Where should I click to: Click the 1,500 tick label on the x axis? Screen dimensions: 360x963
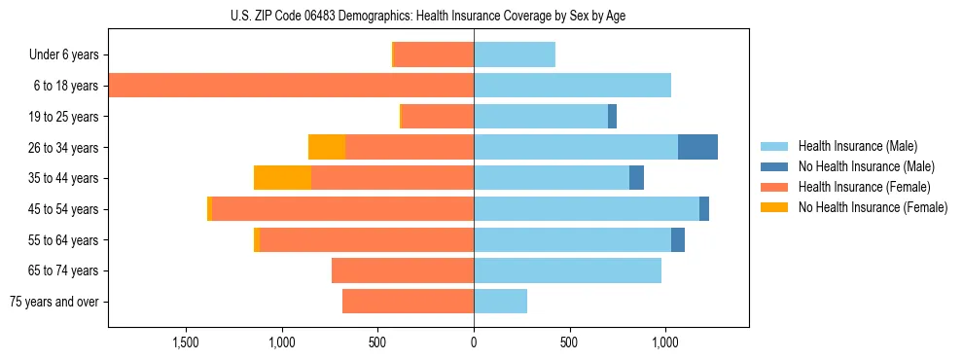(186, 342)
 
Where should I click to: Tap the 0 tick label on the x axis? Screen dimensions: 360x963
(474, 342)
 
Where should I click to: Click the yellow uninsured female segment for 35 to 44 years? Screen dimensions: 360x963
(282, 178)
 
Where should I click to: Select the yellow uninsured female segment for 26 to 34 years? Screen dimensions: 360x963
(327, 147)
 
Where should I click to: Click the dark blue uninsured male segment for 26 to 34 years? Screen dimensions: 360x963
(697, 147)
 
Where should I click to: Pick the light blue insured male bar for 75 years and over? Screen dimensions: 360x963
(500, 302)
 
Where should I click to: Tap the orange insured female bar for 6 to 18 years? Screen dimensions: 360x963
(292, 86)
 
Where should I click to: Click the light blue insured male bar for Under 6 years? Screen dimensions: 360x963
(515, 55)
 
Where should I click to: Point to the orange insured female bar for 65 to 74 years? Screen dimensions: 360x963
(403, 270)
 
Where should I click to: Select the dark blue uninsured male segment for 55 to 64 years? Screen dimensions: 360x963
(678, 239)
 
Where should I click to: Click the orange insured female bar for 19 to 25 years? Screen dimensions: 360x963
(437, 117)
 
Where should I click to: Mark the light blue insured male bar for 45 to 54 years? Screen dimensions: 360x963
(587, 209)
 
